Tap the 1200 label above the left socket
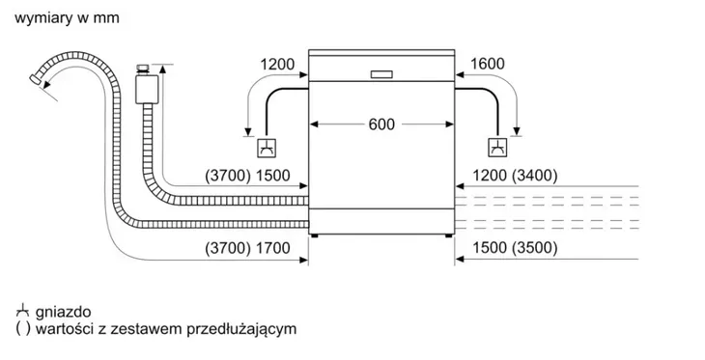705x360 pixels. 277,66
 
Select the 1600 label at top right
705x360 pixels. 488,66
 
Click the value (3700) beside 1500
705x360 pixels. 227,178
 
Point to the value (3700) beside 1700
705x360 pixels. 227,248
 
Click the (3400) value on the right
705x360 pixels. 535,178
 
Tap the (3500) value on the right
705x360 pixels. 535,248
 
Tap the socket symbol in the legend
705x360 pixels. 21,312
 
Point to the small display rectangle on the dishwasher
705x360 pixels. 381,74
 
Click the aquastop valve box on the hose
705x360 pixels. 147,90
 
